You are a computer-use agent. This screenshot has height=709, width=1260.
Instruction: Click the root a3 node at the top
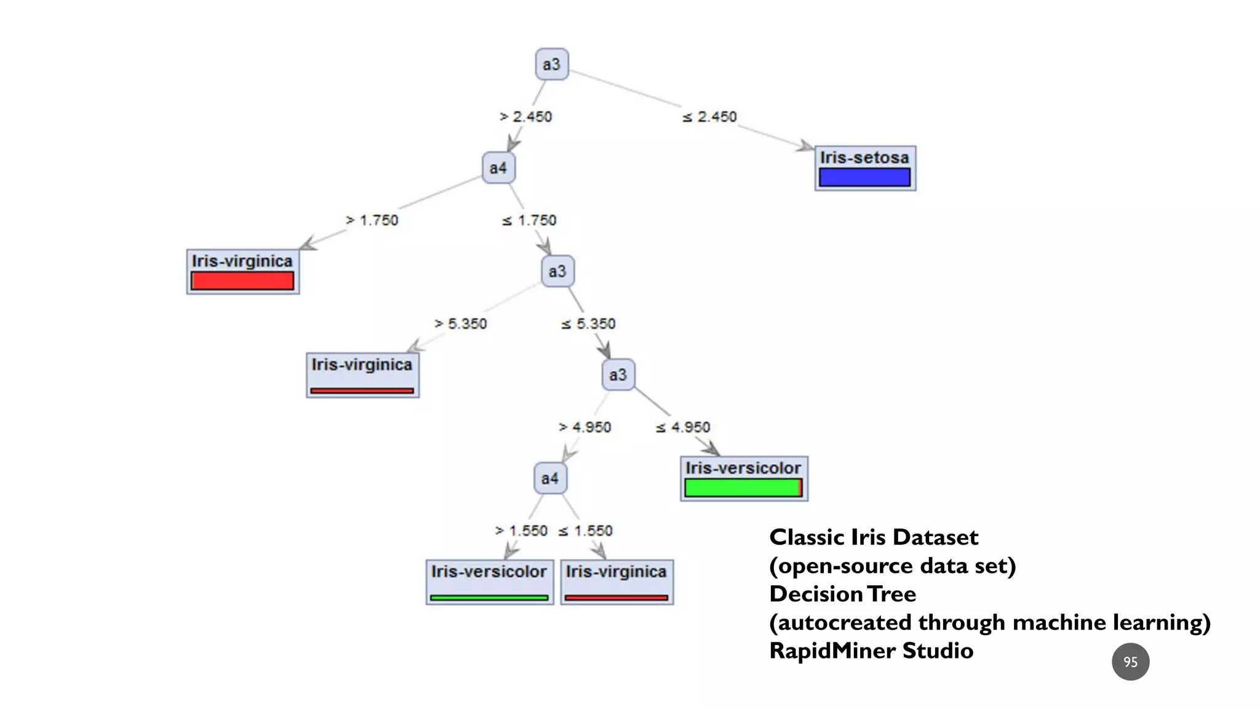tap(551, 64)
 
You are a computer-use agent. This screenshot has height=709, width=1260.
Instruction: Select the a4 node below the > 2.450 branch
tap(498, 168)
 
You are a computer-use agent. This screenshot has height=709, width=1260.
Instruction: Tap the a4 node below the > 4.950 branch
tap(550, 478)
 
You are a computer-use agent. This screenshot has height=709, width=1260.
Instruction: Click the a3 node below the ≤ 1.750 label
tap(557, 271)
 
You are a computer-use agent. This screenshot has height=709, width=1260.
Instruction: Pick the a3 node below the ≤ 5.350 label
tap(618, 375)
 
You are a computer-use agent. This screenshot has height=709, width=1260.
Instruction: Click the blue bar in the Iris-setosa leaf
tap(864, 178)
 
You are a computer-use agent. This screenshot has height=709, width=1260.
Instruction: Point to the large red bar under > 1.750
tap(242, 281)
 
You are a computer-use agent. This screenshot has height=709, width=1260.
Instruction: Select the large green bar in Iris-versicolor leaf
tap(743, 488)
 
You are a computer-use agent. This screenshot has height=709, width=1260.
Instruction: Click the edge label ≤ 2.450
tap(709, 117)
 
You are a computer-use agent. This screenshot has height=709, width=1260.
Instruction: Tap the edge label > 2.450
tap(526, 117)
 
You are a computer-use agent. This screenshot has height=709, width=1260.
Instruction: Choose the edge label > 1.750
tap(372, 220)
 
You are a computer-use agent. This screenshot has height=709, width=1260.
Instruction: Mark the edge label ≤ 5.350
tap(588, 324)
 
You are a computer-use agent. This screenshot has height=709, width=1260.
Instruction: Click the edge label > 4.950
tap(584, 427)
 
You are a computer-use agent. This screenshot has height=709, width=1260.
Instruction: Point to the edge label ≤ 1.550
tap(585, 531)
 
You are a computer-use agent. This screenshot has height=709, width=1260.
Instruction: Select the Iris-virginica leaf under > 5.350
tap(362, 374)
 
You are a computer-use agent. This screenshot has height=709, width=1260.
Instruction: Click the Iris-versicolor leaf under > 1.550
tap(489, 581)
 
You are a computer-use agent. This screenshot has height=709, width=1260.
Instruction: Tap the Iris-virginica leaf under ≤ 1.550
tap(616, 581)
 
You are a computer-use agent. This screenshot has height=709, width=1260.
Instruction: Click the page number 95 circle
tap(1130, 662)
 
